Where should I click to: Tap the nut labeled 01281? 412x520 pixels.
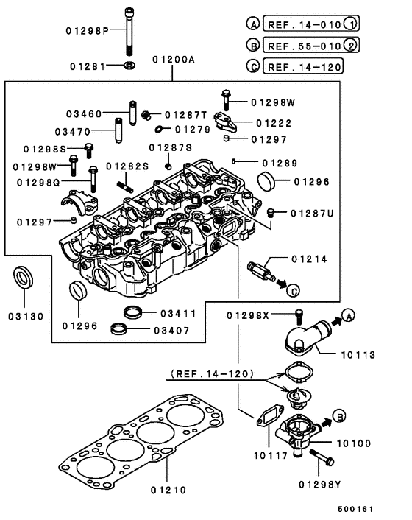(128, 66)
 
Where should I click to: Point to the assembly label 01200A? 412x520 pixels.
(174, 59)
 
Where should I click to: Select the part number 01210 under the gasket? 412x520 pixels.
(169, 488)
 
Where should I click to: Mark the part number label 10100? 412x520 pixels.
(354, 443)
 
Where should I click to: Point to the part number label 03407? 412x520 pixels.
(170, 330)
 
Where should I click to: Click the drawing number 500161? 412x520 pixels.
(356, 508)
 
